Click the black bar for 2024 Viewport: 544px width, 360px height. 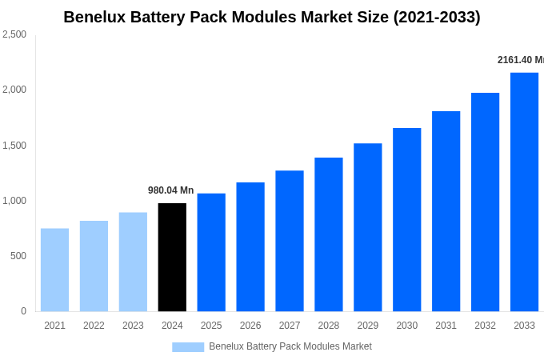click(x=172, y=257)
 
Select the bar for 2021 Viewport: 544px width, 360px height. click(x=54, y=270)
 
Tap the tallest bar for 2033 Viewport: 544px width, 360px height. click(x=524, y=192)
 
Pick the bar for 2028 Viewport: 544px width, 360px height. click(x=328, y=234)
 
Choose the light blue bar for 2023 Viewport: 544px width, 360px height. click(x=133, y=262)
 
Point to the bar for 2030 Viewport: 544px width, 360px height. click(x=406, y=219)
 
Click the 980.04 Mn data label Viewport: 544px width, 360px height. click(x=170, y=190)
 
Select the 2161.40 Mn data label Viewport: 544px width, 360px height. click(x=521, y=60)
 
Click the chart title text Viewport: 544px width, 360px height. click(x=272, y=17)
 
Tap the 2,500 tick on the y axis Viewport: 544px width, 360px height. click(x=14, y=34)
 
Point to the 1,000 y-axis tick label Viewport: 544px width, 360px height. click(x=14, y=201)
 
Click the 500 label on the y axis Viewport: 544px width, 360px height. click(x=18, y=256)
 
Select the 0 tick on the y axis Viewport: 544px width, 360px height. click(x=23, y=311)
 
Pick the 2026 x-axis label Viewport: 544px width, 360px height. click(x=250, y=326)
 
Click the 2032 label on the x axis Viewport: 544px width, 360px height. click(x=485, y=326)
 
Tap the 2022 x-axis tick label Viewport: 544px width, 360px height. click(x=94, y=326)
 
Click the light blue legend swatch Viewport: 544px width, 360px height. click(x=188, y=346)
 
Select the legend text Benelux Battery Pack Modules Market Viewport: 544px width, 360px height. click(x=290, y=346)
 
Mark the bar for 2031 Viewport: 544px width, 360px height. click(x=446, y=211)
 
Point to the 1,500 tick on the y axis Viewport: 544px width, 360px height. click(x=14, y=146)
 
